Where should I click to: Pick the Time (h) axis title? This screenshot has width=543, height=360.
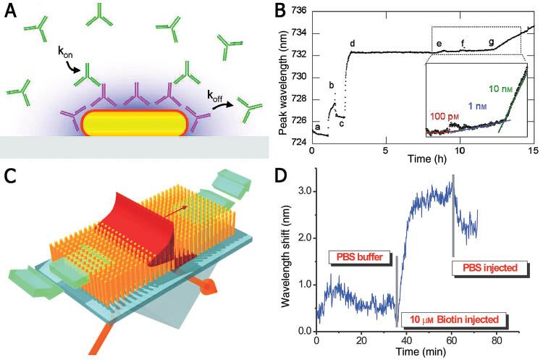click(423, 157)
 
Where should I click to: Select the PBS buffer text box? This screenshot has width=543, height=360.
click(361, 256)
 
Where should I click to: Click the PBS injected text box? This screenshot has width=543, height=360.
click(490, 268)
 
